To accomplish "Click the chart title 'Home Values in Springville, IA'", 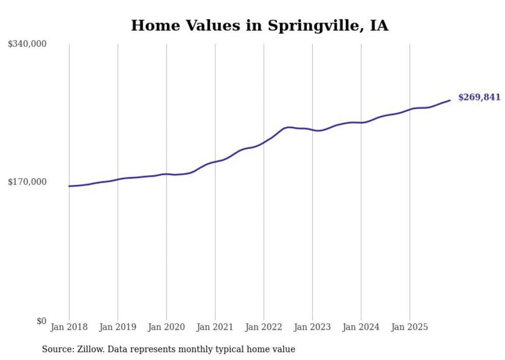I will click(x=259, y=25).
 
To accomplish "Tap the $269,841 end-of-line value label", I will click(x=479, y=97).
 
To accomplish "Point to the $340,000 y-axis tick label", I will click(x=27, y=44).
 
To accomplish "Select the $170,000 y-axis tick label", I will click(x=27, y=182).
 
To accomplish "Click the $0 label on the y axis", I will click(x=41, y=321).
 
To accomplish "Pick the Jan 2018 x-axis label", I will click(x=69, y=327).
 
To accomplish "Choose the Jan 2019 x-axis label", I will click(x=117, y=327).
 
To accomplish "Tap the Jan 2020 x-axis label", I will click(x=166, y=327).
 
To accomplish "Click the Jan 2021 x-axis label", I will click(x=215, y=327).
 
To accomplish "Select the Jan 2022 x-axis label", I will click(x=264, y=327).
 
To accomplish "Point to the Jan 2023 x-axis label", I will click(x=312, y=327).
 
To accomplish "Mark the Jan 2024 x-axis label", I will click(x=361, y=327).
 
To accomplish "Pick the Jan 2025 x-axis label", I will click(x=410, y=327).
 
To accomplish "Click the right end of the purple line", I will click(x=450, y=100).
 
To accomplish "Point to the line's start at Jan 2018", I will click(x=69, y=186).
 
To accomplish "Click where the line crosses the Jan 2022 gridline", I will click(x=264, y=142).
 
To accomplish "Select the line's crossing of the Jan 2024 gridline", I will click(x=361, y=123).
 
